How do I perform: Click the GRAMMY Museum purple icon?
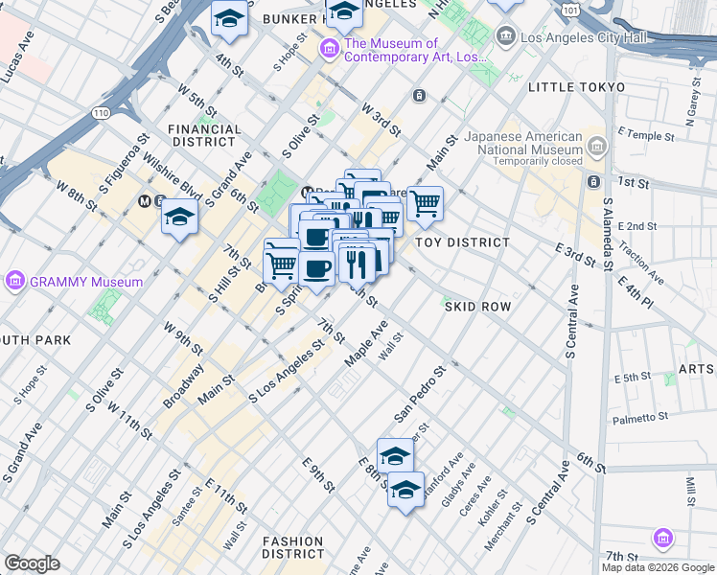pos(14,282)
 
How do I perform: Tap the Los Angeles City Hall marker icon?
pos(505,37)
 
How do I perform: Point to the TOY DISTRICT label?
pos(462,242)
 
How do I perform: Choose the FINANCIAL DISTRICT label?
pos(203,135)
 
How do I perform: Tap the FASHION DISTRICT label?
pos(292,547)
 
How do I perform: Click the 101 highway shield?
pos(570,10)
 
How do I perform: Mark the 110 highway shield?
pos(101,113)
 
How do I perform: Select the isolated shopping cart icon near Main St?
pos(425,202)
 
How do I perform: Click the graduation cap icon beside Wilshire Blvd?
pos(179,218)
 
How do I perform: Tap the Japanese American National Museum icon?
pos(598,146)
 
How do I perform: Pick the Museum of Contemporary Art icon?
pos(330,48)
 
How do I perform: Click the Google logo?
pos(32,563)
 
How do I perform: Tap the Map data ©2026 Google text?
pos(658,567)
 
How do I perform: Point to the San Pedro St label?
pos(420,393)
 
